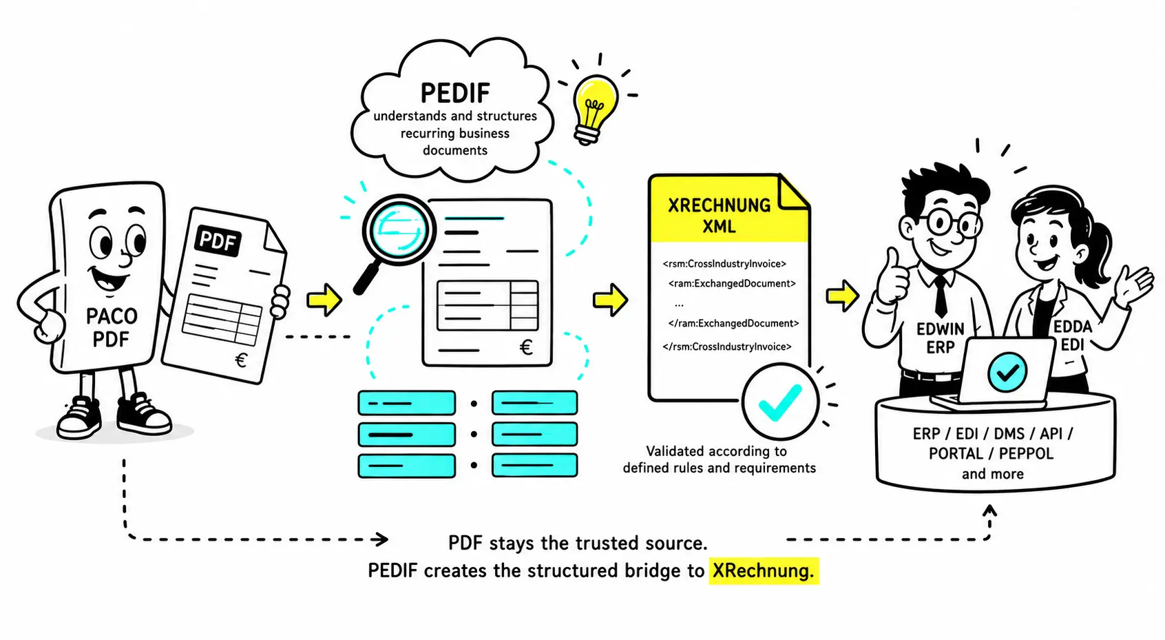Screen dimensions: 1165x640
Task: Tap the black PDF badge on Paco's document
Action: pyautogui.click(x=218, y=241)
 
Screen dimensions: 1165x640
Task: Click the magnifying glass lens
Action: pyautogui.click(x=399, y=230)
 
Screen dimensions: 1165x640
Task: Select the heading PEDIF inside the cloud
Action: pyautogui.click(x=455, y=93)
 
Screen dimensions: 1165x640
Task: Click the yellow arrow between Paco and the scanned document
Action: pyautogui.click(x=324, y=300)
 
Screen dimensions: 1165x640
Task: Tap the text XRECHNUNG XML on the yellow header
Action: pyautogui.click(x=720, y=216)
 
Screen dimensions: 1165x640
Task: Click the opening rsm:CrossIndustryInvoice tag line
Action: pyautogui.click(x=724, y=264)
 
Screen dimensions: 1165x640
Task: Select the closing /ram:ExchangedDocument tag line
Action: pyautogui.click(x=733, y=323)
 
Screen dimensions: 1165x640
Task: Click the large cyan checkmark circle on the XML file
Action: pyautogui.click(x=780, y=402)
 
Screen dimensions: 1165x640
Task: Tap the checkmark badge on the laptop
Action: pyautogui.click(x=1007, y=371)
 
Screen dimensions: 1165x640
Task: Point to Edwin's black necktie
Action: pyautogui.click(x=941, y=295)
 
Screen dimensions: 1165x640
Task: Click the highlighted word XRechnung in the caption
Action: pyautogui.click(x=764, y=571)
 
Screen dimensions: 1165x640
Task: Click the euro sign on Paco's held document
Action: pyautogui.click(x=241, y=360)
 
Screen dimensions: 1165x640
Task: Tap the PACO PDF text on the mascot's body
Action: pyautogui.click(x=112, y=328)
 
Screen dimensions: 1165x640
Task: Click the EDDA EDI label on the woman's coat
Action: pyautogui.click(x=1073, y=336)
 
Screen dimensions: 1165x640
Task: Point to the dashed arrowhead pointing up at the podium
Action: pyautogui.click(x=989, y=510)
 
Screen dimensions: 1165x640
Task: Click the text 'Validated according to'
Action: pyautogui.click(x=716, y=451)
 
